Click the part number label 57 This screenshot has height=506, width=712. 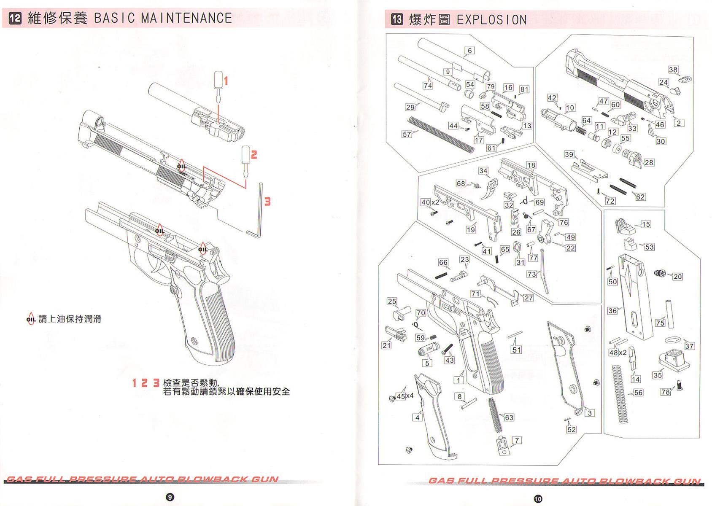407,135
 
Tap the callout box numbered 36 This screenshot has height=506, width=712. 612,311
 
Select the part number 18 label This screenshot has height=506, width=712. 531,165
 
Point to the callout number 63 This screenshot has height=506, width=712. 509,417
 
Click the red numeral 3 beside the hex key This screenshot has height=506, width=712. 267,202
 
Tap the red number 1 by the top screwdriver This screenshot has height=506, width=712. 226,81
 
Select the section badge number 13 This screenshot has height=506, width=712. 397,19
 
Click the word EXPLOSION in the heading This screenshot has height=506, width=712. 492,20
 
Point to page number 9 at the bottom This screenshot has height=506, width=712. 170,497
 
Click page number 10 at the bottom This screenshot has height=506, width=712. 538,499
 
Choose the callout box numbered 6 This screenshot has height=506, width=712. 469,51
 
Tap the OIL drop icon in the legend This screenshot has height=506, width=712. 31,319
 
